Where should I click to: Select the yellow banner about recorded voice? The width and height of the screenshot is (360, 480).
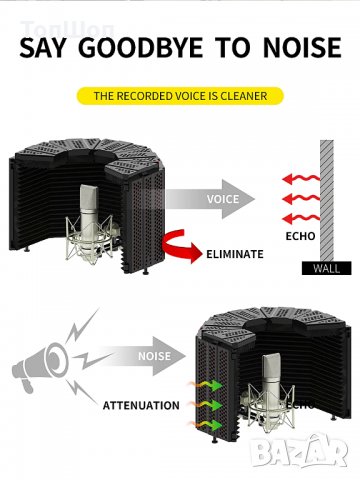click(x=180, y=96)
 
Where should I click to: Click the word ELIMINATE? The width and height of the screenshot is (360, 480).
click(x=235, y=254)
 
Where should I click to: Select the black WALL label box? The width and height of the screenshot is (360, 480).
click(x=327, y=268)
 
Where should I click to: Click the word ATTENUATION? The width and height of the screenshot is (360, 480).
click(x=140, y=405)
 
